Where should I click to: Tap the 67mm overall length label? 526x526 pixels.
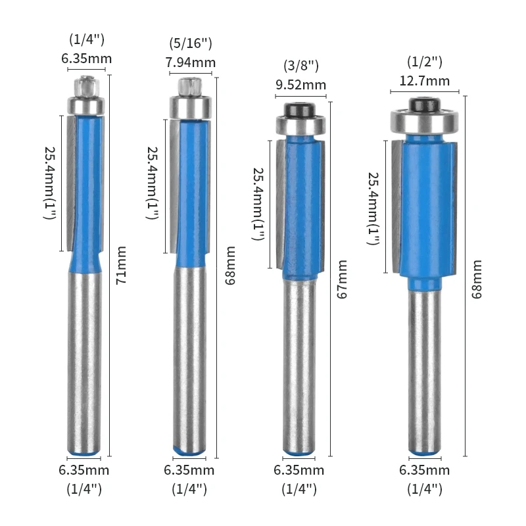[x=340, y=279]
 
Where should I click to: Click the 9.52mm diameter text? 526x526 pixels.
[x=300, y=85]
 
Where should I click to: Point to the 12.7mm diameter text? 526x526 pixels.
[x=425, y=81]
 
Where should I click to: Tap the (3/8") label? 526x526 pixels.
[x=300, y=66]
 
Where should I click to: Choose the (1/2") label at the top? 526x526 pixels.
[x=425, y=62]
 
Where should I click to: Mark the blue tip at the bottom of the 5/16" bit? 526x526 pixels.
[x=189, y=451]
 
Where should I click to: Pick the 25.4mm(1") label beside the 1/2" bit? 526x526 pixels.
[x=373, y=209]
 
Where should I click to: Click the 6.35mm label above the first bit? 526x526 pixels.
[x=87, y=59]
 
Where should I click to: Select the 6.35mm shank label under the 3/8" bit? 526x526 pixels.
[x=299, y=470]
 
